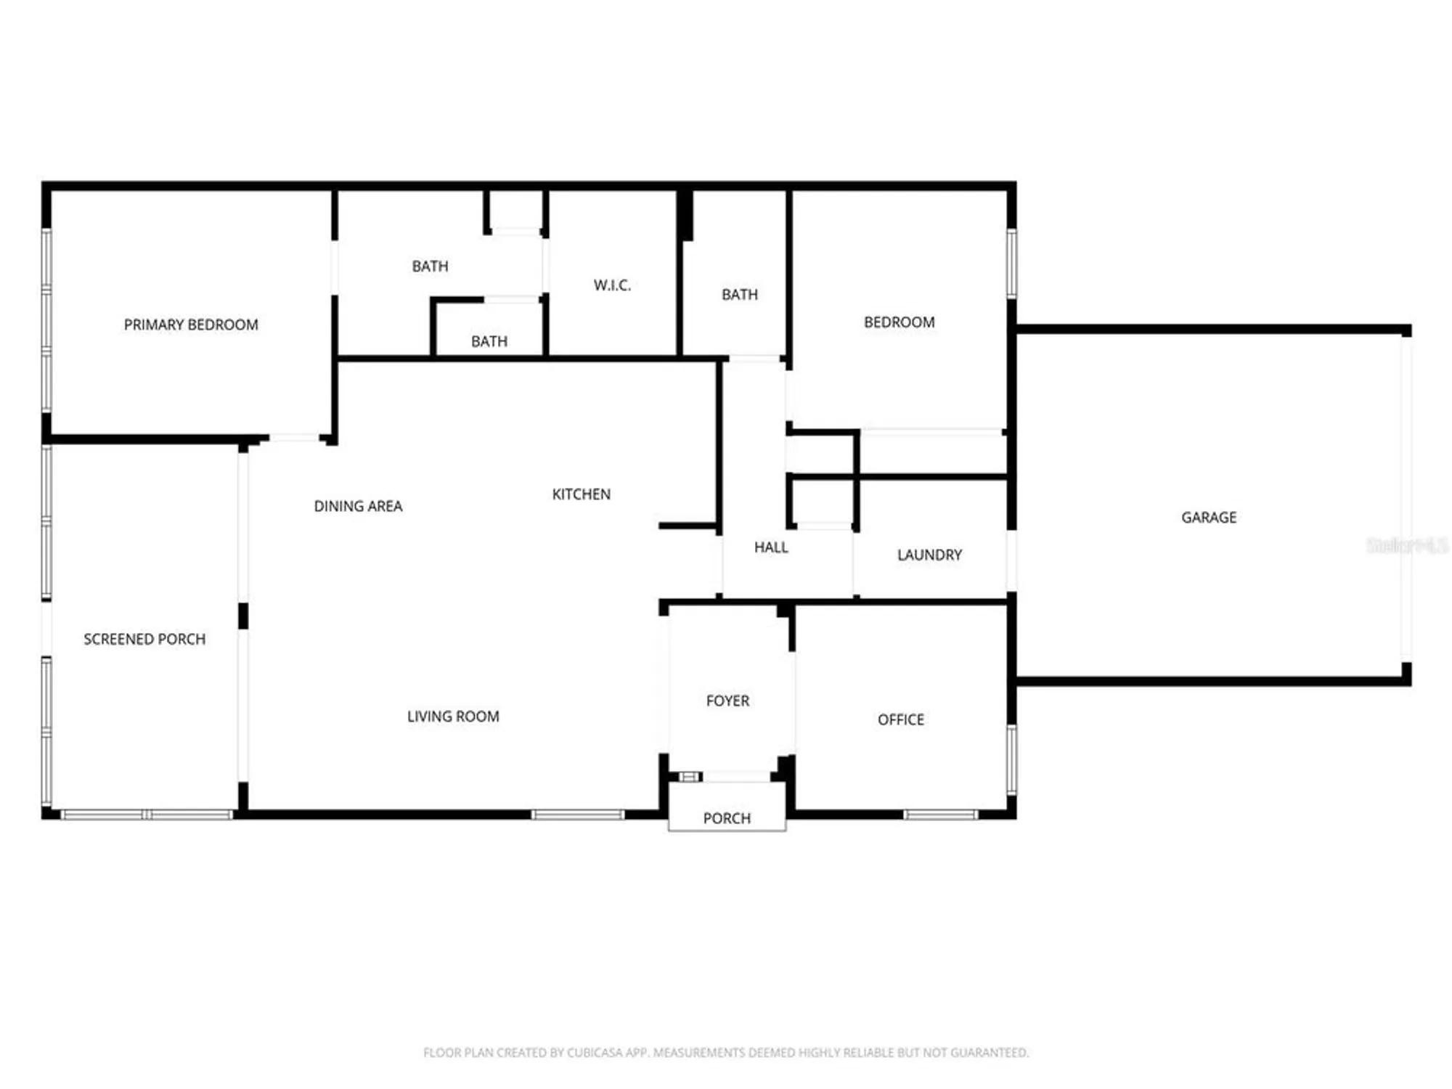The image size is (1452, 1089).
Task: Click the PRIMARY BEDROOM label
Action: (191, 325)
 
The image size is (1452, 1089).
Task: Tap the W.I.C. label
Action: (612, 285)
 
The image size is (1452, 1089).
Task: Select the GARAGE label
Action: (1209, 518)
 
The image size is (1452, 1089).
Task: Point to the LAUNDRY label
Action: (929, 555)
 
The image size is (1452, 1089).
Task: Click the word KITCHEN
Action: (581, 494)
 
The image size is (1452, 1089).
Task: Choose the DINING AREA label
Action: (358, 506)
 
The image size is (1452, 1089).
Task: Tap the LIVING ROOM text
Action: (453, 717)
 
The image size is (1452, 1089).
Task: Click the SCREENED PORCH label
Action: (144, 639)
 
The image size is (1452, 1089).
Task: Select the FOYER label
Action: (727, 701)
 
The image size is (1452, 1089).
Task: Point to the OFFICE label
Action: (901, 719)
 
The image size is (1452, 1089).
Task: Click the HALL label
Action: (771, 547)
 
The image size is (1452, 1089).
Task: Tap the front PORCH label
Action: (727, 818)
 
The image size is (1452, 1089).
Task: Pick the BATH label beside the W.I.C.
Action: (430, 266)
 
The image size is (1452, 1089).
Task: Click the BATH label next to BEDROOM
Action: (739, 295)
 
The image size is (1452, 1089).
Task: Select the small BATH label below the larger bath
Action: (489, 341)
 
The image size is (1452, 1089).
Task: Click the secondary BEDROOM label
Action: (899, 322)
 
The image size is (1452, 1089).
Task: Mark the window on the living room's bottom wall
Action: (578, 815)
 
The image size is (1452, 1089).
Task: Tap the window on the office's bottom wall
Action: (941, 815)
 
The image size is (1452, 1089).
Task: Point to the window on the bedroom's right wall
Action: (1011, 264)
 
